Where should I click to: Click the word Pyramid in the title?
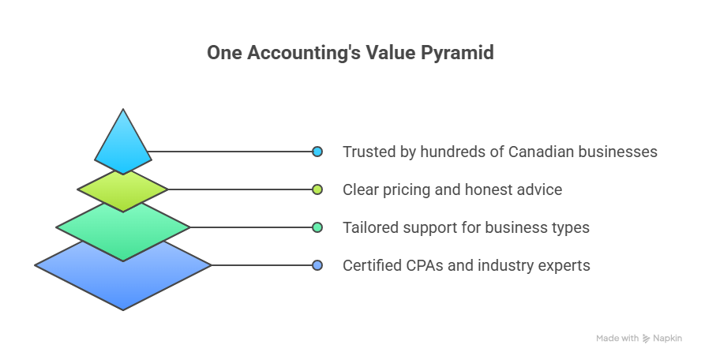click(x=457, y=53)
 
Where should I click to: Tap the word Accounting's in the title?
click(x=304, y=53)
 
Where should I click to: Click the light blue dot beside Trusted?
click(x=317, y=152)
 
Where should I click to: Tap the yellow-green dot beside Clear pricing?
click(x=317, y=189)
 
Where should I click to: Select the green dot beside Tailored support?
click(x=317, y=227)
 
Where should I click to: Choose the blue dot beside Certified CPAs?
click(x=317, y=265)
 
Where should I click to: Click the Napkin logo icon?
click(x=646, y=339)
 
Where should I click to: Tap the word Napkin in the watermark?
click(x=668, y=339)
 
